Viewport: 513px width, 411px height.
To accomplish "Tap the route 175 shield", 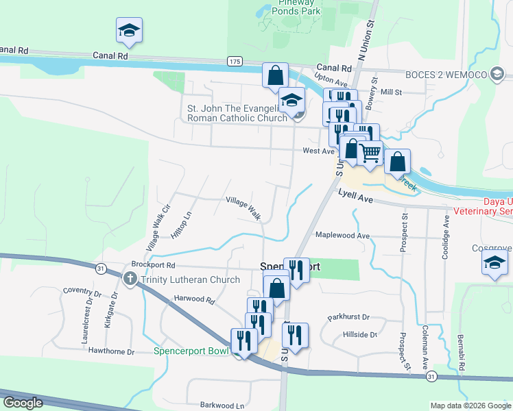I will [x=235, y=62].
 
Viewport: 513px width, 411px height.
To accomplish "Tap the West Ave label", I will [x=318, y=151].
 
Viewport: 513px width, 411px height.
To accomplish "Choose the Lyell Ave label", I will [x=355, y=197].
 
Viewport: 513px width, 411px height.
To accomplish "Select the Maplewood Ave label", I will [x=342, y=236].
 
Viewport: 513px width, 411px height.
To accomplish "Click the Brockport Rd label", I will [x=153, y=264].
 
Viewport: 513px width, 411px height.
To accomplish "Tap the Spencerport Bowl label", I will [x=191, y=351].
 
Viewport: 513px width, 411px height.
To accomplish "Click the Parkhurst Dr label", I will [x=348, y=317].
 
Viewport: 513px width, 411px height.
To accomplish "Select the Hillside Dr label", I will [x=359, y=335].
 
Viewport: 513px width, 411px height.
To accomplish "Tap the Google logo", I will [x=23, y=403].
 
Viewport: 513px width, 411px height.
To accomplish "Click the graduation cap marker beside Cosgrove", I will [x=495, y=262].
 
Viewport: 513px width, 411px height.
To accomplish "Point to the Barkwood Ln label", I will [x=222, y=406].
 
